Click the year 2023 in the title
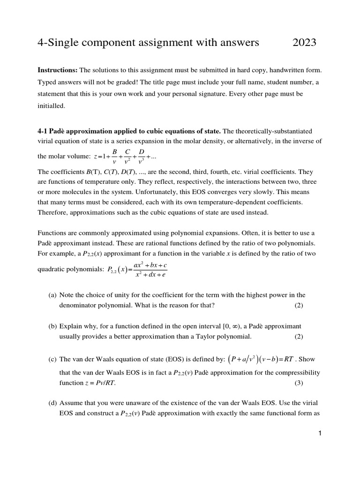304,43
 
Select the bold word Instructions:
57,70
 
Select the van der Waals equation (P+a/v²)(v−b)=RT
261,360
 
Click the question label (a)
52,295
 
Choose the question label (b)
52,326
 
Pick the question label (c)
52,360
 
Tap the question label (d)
52,402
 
